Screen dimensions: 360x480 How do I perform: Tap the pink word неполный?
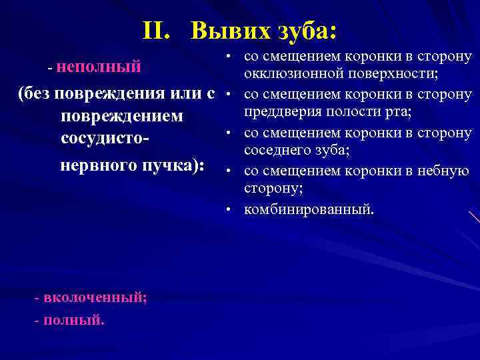(99, 66)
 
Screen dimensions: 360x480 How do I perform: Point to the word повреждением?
(121, 116)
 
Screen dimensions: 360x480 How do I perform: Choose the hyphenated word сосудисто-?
(105, 139)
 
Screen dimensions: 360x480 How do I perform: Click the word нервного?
(97, 164)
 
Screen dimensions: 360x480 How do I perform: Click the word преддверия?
(281, 111)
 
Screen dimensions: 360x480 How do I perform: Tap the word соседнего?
(275, 150)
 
